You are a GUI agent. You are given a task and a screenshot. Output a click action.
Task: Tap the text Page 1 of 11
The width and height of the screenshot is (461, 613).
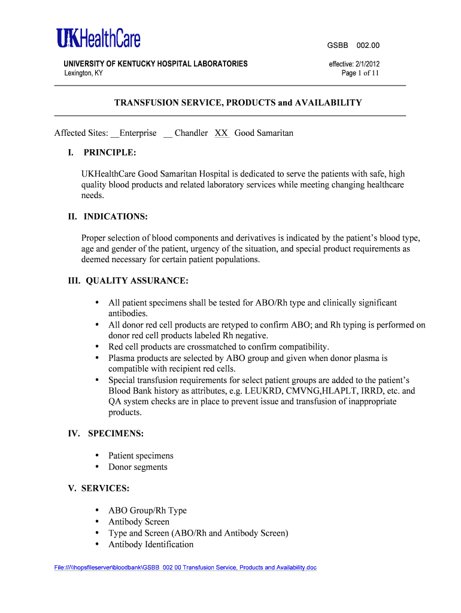coord(360,74)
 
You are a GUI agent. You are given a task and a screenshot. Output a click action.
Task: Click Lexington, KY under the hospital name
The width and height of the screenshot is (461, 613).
coord(83,73)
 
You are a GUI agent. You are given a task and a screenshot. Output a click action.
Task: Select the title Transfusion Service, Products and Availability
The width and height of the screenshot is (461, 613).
coord(238,102)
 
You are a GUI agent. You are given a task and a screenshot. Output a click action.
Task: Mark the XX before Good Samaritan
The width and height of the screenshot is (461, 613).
coord(222,133)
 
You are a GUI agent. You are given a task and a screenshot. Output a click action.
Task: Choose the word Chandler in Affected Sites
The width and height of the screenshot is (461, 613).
coord(191,133)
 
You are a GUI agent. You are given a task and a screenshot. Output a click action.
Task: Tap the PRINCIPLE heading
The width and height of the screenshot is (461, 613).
coord(110,152)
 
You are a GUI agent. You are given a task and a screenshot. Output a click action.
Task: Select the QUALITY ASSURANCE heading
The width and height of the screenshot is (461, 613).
coord(137,280)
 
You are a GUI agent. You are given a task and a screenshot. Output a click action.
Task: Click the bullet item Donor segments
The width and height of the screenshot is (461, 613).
coord(138,467)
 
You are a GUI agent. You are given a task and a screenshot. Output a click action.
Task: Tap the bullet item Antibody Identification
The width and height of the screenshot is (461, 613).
coord(151,544)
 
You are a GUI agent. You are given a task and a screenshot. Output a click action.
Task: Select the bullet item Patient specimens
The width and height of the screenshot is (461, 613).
coord(141,456)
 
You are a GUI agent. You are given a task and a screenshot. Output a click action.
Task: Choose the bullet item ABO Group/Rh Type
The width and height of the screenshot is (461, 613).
coord(147,511)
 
